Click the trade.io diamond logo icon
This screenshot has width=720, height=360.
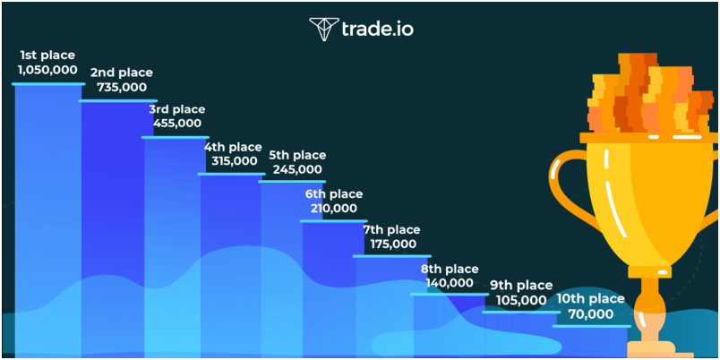(x=323, y=30)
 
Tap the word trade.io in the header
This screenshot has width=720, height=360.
(x=377, y=29)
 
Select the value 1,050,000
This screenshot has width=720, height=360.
(x=47, y=70)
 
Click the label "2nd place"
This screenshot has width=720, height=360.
(x=122, y=73)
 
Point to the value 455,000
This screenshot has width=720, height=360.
(x=176, y=123)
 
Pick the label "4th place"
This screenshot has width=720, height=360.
(x=233, y=148)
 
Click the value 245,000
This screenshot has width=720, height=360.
(x=297, y=169)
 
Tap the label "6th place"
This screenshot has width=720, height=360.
(x=334, y=194)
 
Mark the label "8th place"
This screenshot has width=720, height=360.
(x=450, y=269)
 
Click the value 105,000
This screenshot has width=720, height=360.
(x=521, y=300)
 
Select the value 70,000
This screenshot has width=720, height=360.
(x=590, y=314)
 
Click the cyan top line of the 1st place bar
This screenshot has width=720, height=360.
(x=48, y=84)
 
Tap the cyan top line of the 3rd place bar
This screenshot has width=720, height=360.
(x=175, y=137)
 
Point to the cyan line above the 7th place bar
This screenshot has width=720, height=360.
(x=391, y=256)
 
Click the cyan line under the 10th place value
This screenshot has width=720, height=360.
(x=591, y=326)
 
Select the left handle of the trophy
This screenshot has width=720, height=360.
(x=565, y=193)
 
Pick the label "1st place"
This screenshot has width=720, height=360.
(x=47, y=56)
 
